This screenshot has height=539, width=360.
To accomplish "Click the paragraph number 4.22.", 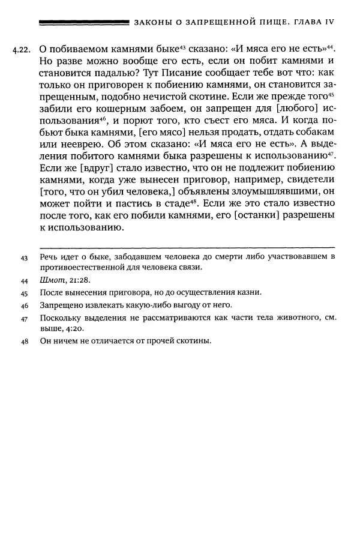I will pos(23,50).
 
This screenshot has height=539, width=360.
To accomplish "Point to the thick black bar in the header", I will pos(83,22).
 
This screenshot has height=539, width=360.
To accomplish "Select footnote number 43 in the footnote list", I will pos(25,257).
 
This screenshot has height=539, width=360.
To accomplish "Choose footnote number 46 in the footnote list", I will pos(25,306).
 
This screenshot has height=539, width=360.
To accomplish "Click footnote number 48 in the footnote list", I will pos(25,342).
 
